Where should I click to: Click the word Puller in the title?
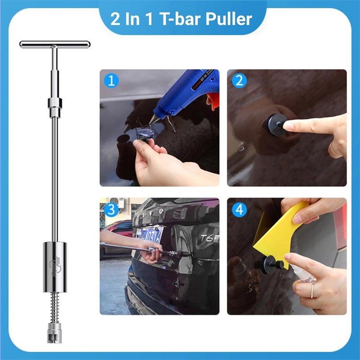229,19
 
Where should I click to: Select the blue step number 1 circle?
111,80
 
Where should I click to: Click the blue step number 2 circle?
239,80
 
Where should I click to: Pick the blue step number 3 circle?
111,209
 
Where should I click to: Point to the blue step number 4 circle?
239,209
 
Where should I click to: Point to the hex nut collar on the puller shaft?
55,103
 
